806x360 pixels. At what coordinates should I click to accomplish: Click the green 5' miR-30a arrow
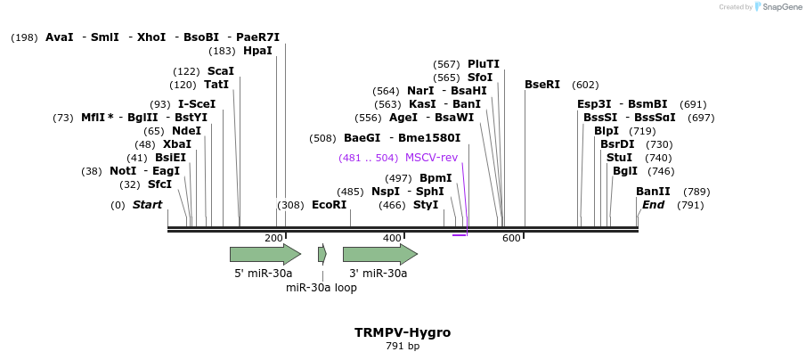click(265, 254)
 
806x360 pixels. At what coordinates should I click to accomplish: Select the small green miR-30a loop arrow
click(322, 254)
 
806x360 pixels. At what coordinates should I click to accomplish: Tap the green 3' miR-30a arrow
click(379, 254)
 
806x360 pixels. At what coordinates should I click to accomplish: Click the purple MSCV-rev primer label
click(431, 158)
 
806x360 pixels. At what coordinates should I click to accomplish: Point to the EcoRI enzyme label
click(329, 205)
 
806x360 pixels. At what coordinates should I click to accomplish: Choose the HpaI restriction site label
click(257, 51)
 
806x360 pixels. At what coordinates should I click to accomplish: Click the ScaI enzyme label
click(220, 71)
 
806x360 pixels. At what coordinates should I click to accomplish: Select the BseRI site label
click(541, 85)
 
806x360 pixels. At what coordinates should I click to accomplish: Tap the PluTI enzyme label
click(484, 64)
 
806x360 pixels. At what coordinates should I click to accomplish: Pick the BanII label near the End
click(653, 192)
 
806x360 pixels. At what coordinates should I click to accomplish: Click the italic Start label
click(147, 205)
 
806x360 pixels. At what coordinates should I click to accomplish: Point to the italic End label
click(653, 205)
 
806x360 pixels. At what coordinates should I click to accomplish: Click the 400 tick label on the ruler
click(392, 238)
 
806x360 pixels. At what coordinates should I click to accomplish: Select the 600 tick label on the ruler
click(511, 238)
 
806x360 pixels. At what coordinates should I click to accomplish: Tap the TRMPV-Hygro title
click(403, 332)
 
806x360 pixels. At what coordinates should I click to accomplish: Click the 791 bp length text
click(403, 346)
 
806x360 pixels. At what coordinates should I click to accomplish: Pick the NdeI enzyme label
click(186, 131)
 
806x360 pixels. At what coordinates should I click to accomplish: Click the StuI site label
click(619, 158)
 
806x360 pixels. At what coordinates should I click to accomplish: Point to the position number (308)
click(291, 205)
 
